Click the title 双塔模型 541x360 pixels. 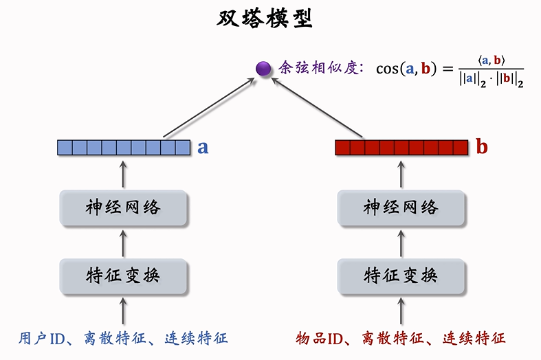coord(265,19)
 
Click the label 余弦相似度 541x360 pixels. coord(319,68)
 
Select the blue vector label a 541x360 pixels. coord(203,147)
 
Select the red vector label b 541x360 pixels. coord(482,147)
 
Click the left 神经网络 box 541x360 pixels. coord(124,207)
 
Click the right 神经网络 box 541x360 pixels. coord(401,207)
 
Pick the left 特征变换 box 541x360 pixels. coord(124,275)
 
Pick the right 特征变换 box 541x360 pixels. coord(401,275)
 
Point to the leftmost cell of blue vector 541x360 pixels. coord(65,147)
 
